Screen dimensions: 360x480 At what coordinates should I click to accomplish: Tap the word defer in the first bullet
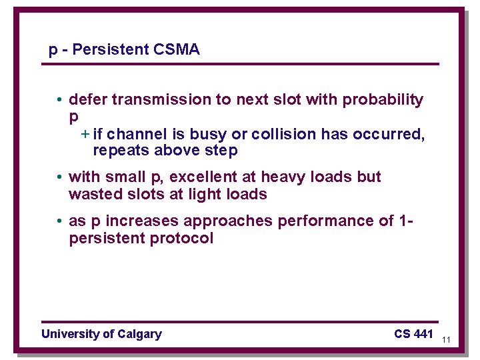[88, 100]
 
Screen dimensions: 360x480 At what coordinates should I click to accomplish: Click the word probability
[383, 100]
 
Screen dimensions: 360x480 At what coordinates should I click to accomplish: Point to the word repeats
[121, 151]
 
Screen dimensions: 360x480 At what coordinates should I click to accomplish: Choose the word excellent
[203, 177]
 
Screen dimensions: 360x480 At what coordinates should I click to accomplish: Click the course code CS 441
[413, 334]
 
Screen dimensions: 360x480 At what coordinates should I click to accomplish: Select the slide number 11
[446, 340]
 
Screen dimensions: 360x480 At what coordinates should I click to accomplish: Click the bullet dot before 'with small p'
[59, 177]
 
